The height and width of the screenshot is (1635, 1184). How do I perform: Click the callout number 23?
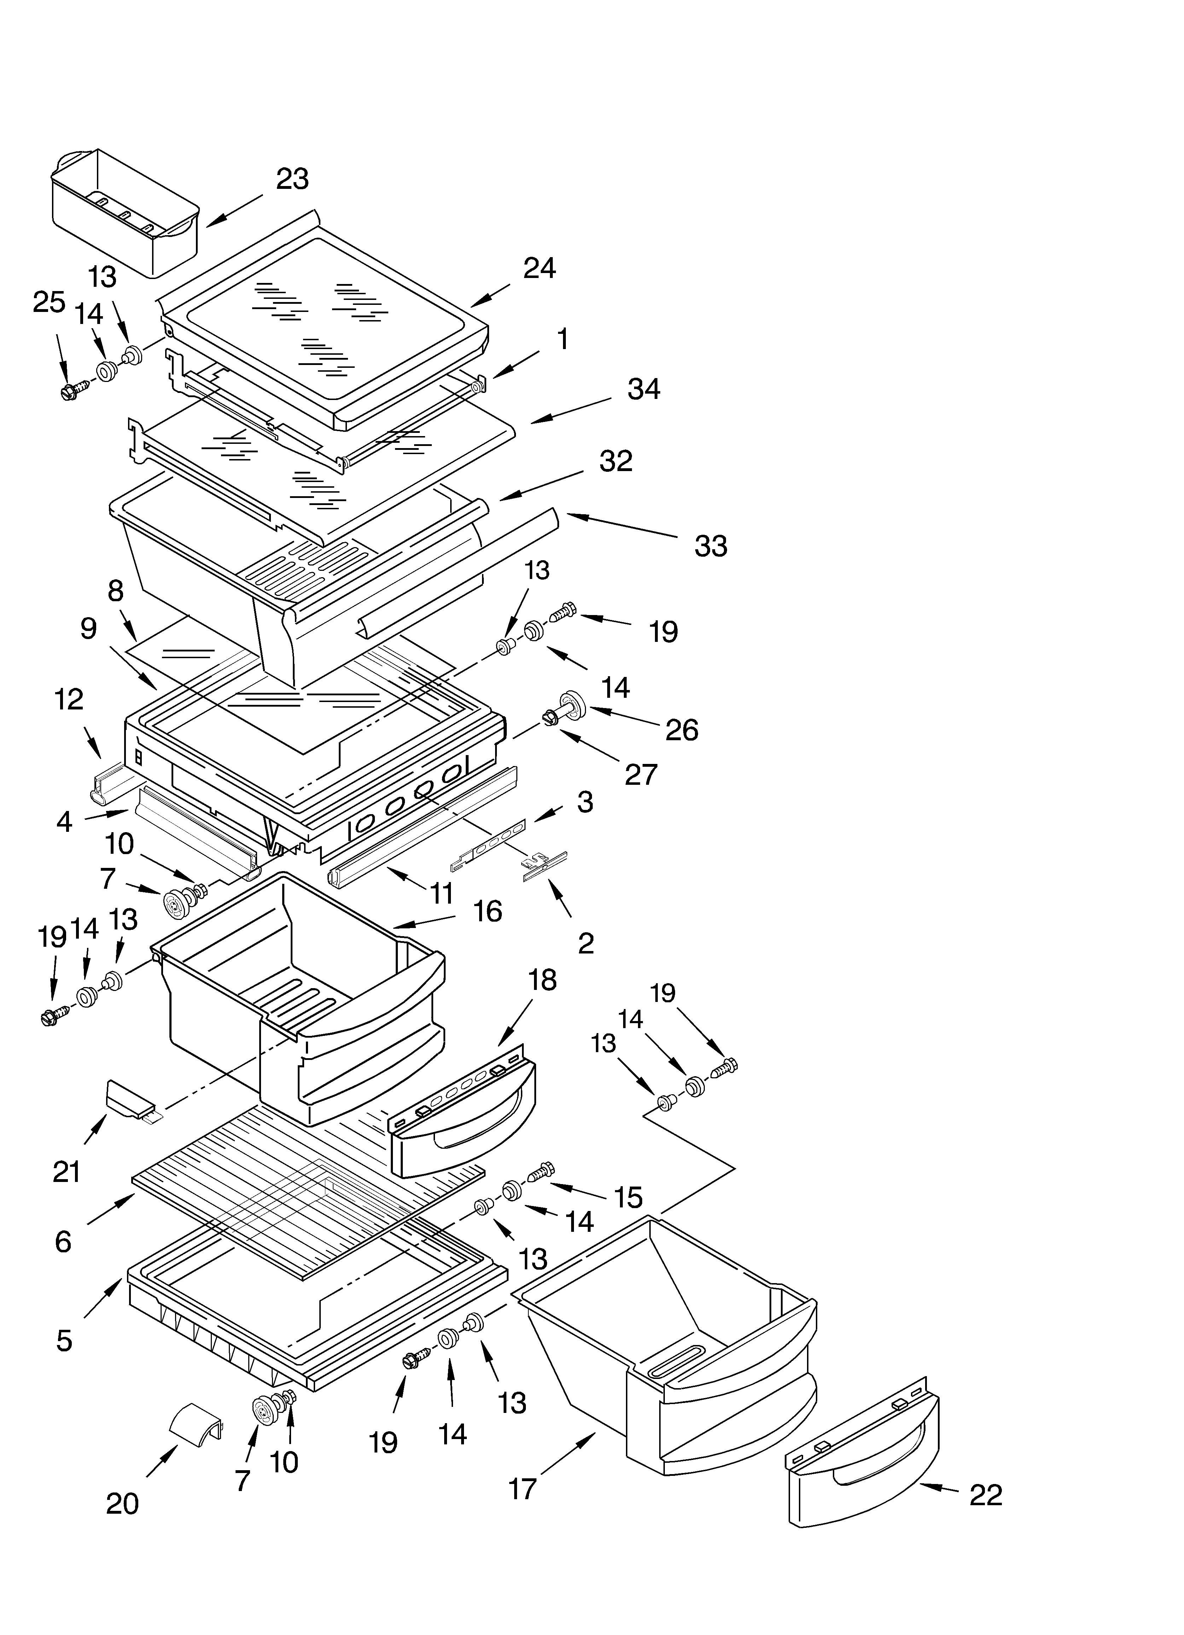292,179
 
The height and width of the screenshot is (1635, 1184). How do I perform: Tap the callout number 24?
539,268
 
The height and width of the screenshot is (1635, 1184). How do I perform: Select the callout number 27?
640,774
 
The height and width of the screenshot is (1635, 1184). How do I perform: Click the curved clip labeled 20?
195,1420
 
